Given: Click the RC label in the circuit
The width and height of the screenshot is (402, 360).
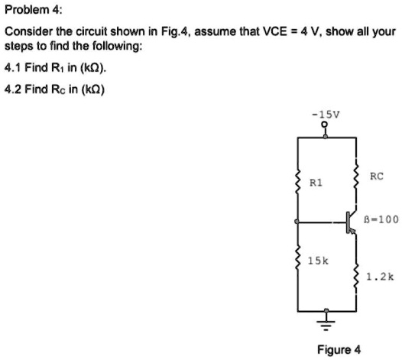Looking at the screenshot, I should [x=375, y=177].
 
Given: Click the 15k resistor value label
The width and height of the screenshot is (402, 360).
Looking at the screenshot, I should [x=317, y=261].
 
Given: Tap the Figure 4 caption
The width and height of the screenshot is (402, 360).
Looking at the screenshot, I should [x=339, y=350].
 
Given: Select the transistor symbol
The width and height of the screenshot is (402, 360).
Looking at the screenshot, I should [x=349, y=222].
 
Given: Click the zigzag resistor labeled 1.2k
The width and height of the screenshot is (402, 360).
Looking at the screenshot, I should [x=356, y=276].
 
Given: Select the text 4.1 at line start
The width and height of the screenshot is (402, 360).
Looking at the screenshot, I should [x=13, y=67].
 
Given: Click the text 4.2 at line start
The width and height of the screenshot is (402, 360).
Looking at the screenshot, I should [x=13, y=89].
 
